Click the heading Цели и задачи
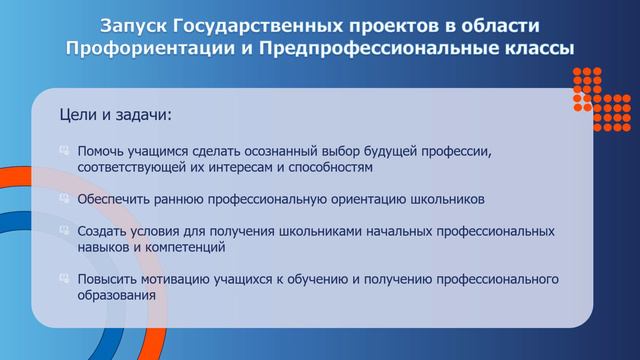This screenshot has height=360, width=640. (116, 117)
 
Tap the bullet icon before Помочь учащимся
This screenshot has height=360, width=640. (65, 151)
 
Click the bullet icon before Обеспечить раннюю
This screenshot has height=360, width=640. (65, 199)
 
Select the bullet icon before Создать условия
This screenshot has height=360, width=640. (65, 231)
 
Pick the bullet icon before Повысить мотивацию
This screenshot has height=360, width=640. (65, 279)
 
